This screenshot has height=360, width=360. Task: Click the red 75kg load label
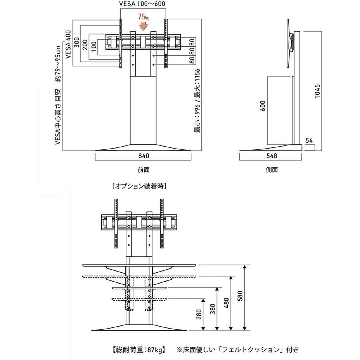tap(143, 17)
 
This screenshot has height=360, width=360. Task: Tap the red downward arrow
tap(143, 26)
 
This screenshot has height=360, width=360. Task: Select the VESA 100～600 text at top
tap(142, 4)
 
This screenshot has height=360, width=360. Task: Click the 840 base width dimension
tap(143, 156)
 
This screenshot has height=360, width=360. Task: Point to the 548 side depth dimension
tap(272, 156)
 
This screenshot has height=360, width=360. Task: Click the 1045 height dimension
tap(317, 91)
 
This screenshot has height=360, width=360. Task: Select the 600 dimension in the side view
tap(263, 106)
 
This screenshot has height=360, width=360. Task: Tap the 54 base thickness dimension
tap(309, 141)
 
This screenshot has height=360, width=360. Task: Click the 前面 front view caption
tap(143, 170)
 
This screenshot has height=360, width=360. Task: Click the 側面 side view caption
tap(272, 170)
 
